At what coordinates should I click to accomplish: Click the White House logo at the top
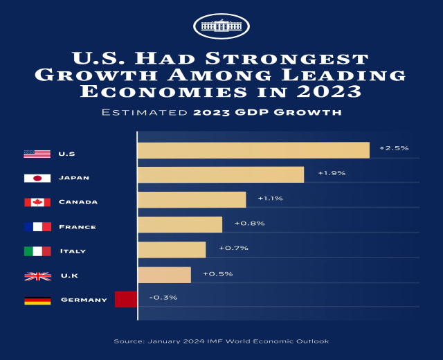click(221, 26)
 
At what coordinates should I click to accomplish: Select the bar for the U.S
click(253, 150)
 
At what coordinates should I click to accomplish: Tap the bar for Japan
click(221, 174)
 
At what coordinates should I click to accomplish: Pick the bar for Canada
click(192, 199)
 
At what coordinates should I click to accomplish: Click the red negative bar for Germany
click(126, 299)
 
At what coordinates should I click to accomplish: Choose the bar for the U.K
click(164, 275)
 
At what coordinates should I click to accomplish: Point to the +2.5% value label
click(394, 148)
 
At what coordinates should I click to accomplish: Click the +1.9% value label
click(332, 173)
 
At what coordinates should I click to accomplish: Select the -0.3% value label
click(163, 298)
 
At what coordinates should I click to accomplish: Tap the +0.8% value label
click(250, 224)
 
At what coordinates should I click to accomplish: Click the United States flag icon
click(37, 154)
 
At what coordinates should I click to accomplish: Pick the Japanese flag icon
click(37, 178)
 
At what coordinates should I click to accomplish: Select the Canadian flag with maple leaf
click(37, 202)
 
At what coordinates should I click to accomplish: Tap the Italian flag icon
click(37, 251)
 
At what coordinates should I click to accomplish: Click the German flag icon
click(37, 300)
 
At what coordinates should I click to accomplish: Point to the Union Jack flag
click(37, 276)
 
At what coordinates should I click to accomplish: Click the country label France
click(78, 227)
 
